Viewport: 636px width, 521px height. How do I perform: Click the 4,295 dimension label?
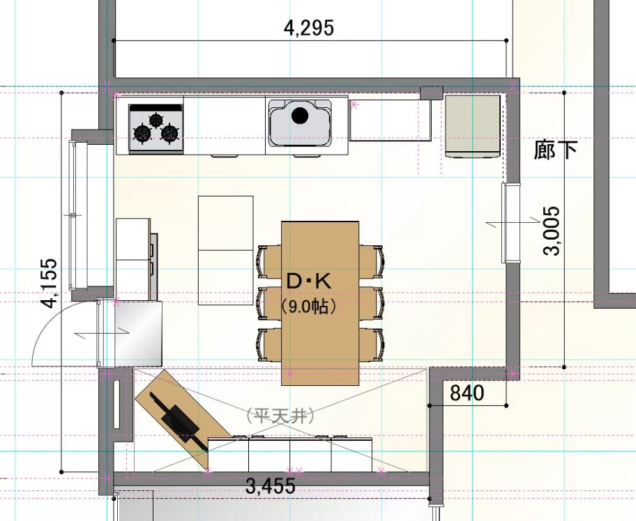coord(309,29)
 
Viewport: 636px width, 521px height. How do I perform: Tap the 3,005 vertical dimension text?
coord(551,231)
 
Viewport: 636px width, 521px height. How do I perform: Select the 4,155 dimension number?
coord(50,283)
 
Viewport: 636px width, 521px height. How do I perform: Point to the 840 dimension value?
coord(467,393)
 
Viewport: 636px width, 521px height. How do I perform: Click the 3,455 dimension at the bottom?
coord(271,486)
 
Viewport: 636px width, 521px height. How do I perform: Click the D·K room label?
coord(309,281)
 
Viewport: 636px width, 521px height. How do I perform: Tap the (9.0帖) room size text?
coord(309,306)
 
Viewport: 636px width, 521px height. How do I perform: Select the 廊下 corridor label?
coord(555,150)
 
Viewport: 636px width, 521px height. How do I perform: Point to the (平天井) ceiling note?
coord(280,416)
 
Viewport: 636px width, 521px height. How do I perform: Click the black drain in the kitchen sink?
coord(299,116)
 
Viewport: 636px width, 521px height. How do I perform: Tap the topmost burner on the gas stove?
coord(156,120)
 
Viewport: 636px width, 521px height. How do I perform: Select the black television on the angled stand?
coord(179,422)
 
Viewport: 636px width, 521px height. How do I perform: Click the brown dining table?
coord(320,303)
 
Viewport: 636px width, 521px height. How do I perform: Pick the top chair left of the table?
coord(268,262)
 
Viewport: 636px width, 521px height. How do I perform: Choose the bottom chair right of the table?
coord(372,344)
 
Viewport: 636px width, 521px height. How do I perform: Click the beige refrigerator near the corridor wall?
coord(473,125)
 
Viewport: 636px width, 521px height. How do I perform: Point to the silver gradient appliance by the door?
coord(138,334)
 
